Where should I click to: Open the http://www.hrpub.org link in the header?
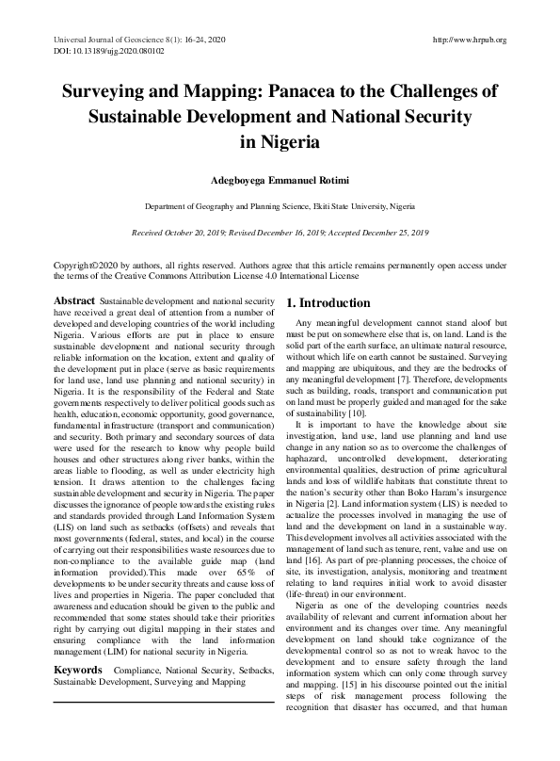468,40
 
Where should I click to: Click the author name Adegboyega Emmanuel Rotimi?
280,178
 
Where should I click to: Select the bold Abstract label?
74,300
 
